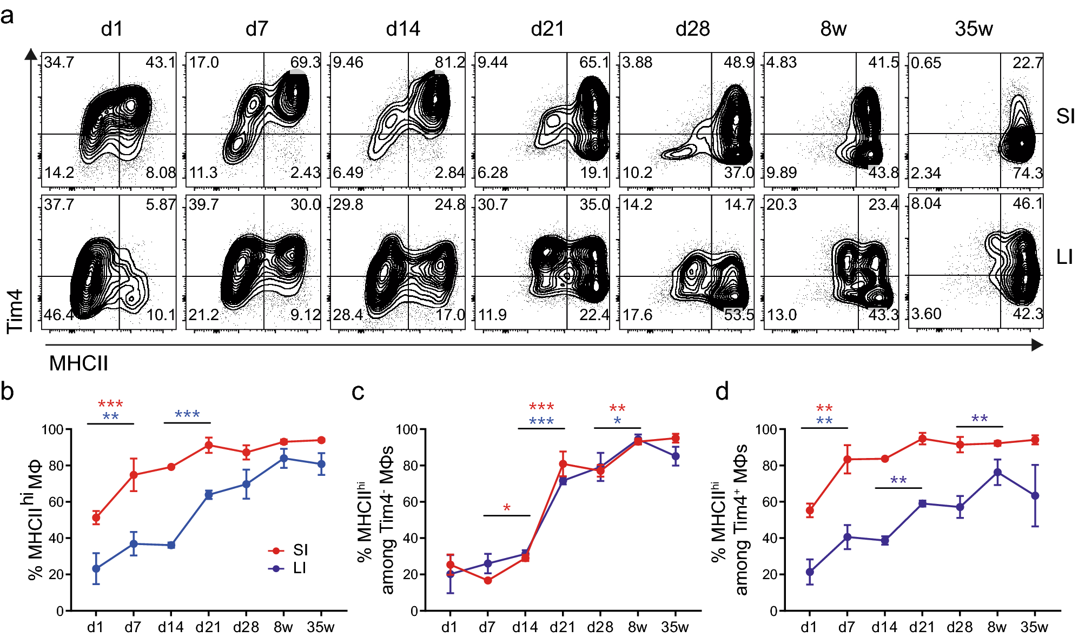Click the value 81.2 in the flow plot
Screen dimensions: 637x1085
point(449,63)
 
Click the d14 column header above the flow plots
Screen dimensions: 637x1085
point(403,29)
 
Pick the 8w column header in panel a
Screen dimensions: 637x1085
point(833,29)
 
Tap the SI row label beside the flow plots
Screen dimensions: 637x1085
point(1065,116)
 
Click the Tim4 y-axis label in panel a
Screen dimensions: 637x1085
point(15,311)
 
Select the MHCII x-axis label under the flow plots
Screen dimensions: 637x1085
point(78,363)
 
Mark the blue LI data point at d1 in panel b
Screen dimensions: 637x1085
point(96,569)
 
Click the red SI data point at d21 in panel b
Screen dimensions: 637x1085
point(209,446)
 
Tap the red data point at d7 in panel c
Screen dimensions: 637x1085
point(488,581)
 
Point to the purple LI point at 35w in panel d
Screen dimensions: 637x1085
point(1035,496)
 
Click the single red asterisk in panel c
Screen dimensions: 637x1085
point(507,508)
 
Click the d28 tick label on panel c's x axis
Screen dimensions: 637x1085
point(600,627)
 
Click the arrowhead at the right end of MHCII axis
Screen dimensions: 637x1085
point(1037,345)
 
